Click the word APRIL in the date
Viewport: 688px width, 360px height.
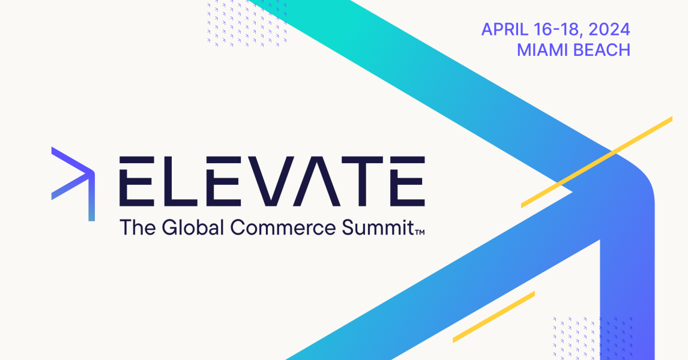[x=505, y=30]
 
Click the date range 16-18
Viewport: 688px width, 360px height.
[x=558, y=30]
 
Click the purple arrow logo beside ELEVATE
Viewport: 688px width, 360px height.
[x=73, y=184]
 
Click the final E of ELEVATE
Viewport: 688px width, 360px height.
[x=407, y=181]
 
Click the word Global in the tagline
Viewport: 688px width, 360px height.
[x=193, y=227]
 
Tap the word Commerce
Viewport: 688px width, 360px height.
[x=283, y=227]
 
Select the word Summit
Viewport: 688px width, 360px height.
[x=378, y=227]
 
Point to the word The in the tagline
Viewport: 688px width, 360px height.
[x=137, y=227]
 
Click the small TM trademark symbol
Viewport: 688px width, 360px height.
[x=420, y=232]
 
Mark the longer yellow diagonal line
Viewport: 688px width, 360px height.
[x=597, y=162]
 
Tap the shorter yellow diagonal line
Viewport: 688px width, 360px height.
[x=493, y=317]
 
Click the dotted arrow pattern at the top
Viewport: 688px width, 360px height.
[x=247, y=23]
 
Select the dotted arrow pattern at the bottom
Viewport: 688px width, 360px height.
[x=593, y=338]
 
